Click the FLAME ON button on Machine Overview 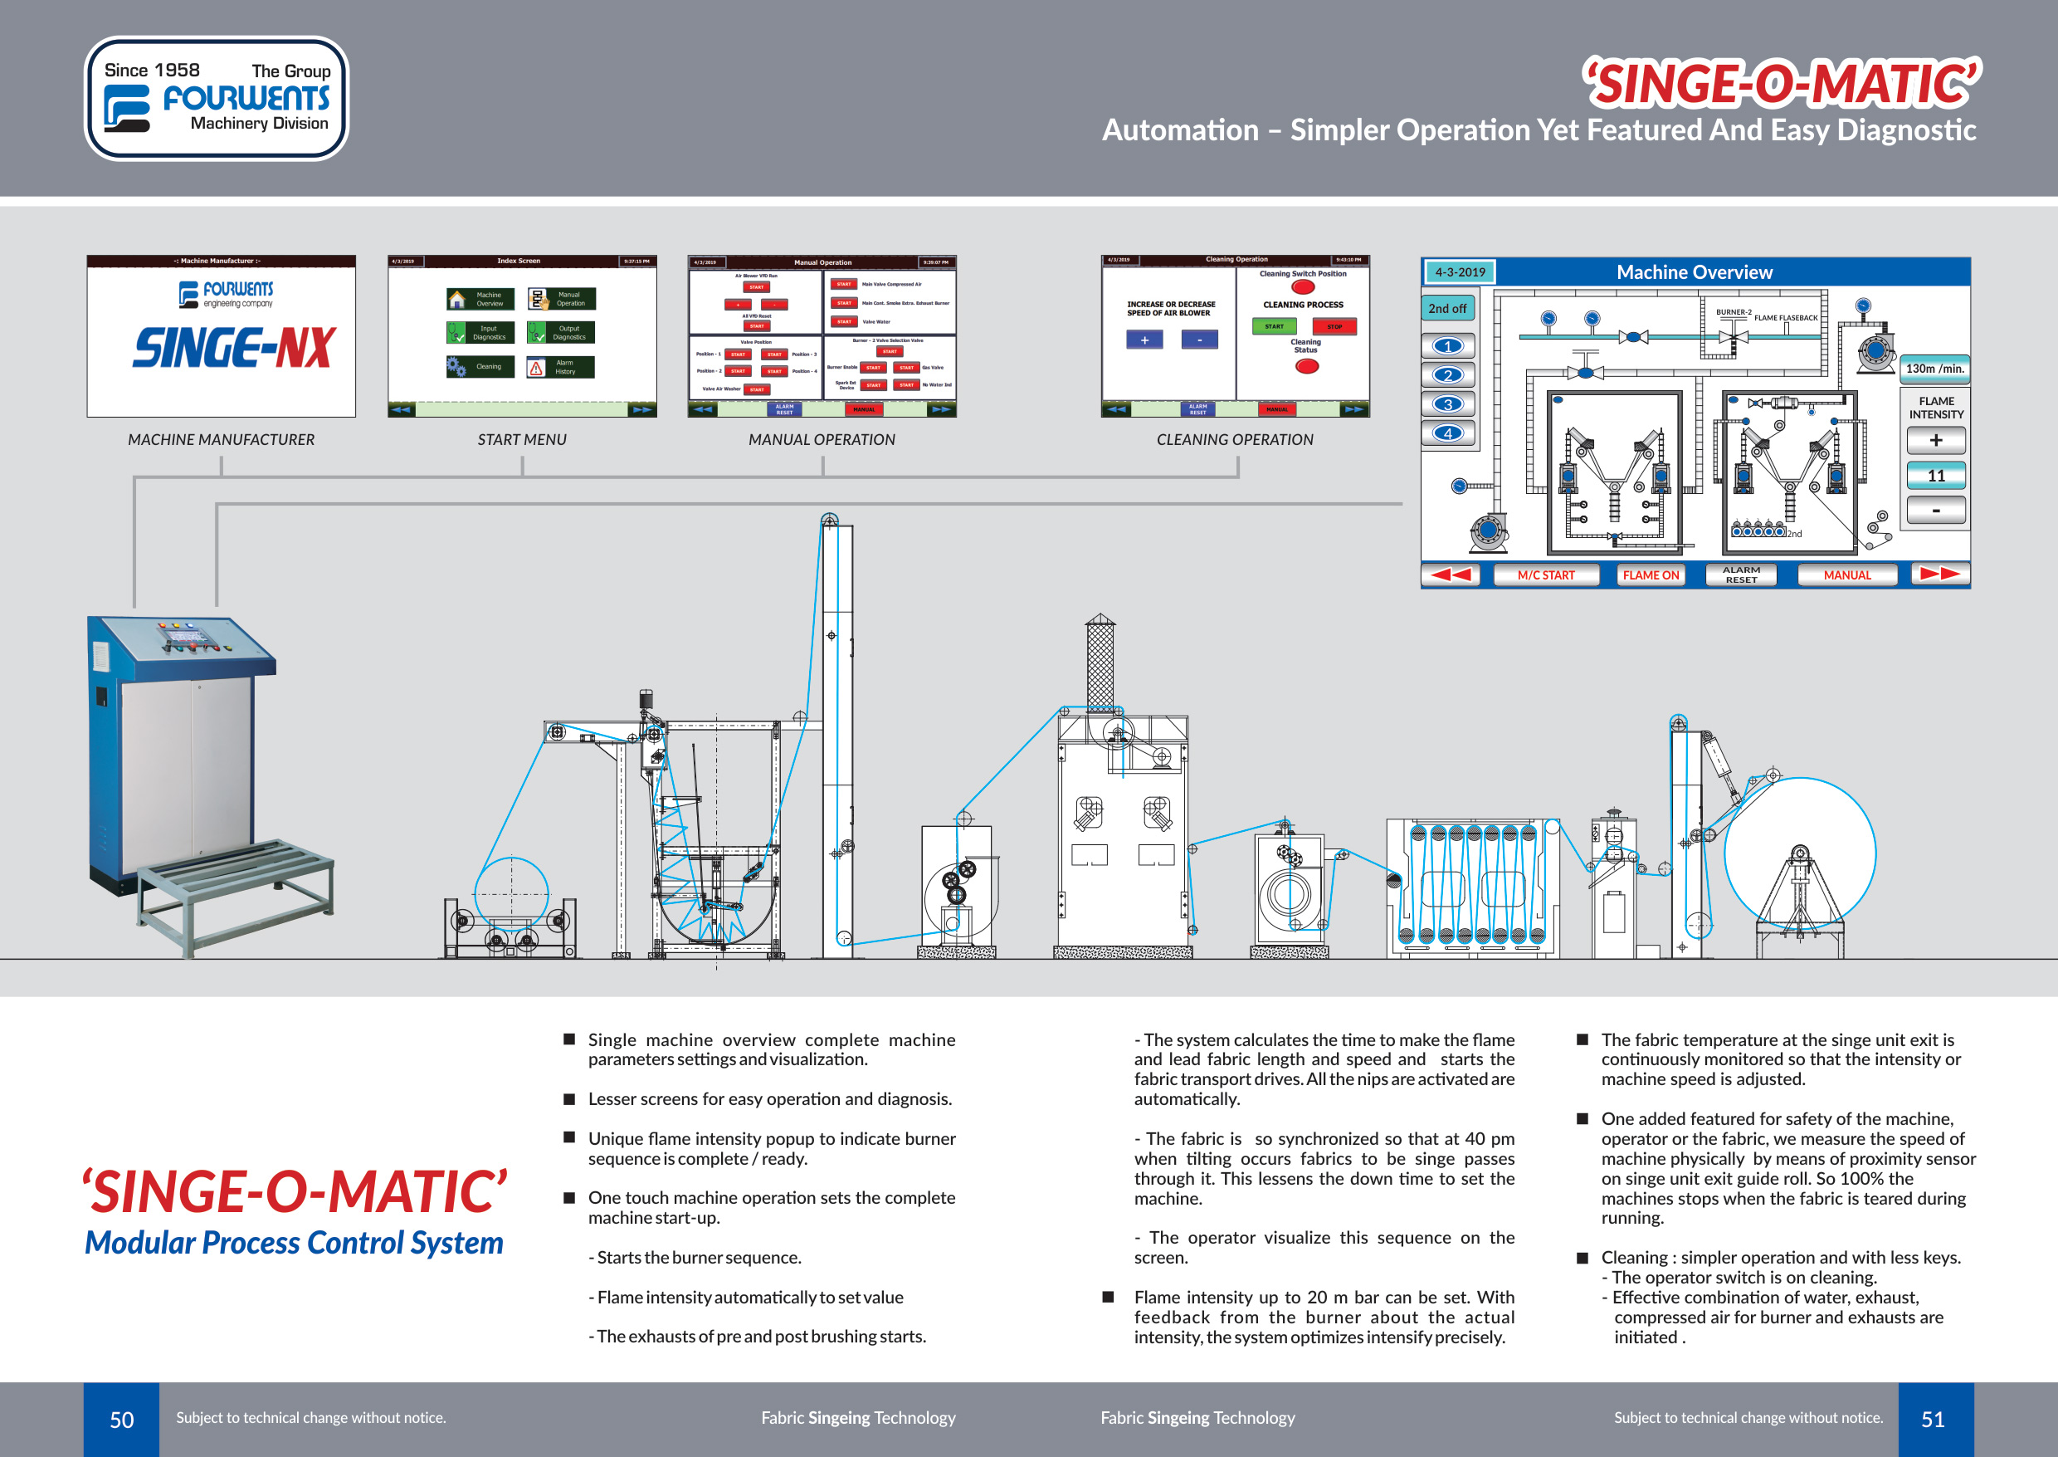pyautogui.click(x=1650, y=575)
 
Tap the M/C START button pyautogui.click(x=1545, y=575)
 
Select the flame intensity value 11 pyautogui.click(x=1936, y=476)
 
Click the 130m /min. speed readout pyautogui.click(x=1934, y=369)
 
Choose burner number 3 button pyautogui.click(x=1447, y=404)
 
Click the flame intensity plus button pyautogui.click(x=1936, y=441)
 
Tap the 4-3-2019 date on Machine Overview pyautogui.click(x=1459, y=271)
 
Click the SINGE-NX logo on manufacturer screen pyautogui.click(x=234, y=348)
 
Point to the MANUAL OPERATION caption pyautogui.click(x=822, y=440)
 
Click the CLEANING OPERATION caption pyautogui.click(x=1234, y=440)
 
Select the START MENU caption pyautogui.click(x=522, y=440)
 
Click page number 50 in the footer pyautogui.click(x=121, y=1420)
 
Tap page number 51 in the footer pyautogui.click(x=1933, y=1420)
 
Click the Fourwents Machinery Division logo pyautogui.click(x=216, y=99)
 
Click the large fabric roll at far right pyautogui.click(x=1799, y=853)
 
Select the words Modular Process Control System pyautogui.click(x=294, y=1243)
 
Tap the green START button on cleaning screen pyautogui.click(x=1273, y=326)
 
